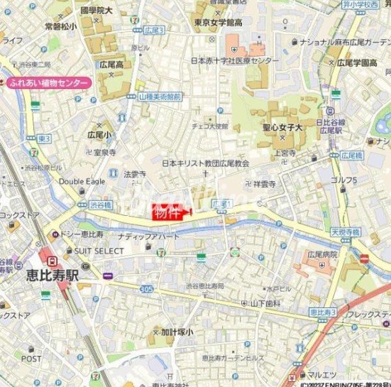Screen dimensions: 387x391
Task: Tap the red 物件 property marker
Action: click(x=168, y=213)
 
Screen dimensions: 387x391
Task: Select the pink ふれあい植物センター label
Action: click(x=48, y=83)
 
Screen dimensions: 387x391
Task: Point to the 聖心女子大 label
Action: click(x=279, y=129)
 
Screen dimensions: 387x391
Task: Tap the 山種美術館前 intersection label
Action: click(x=160, y=96)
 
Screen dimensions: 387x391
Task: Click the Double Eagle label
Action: click(x=82, y=181)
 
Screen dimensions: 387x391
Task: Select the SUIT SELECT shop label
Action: click(x=99, y=251)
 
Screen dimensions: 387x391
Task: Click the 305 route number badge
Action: click(x=147, y=289)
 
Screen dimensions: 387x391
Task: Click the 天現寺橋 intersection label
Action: click(x=345, y=231)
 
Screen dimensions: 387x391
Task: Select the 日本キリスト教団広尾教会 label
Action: click(x=206, y=163)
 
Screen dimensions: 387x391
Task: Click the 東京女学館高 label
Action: click(x=218, y=23)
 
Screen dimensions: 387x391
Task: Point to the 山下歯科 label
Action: click(x=265, y=303)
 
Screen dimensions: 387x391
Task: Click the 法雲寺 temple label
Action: click(x=135, y=173)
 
